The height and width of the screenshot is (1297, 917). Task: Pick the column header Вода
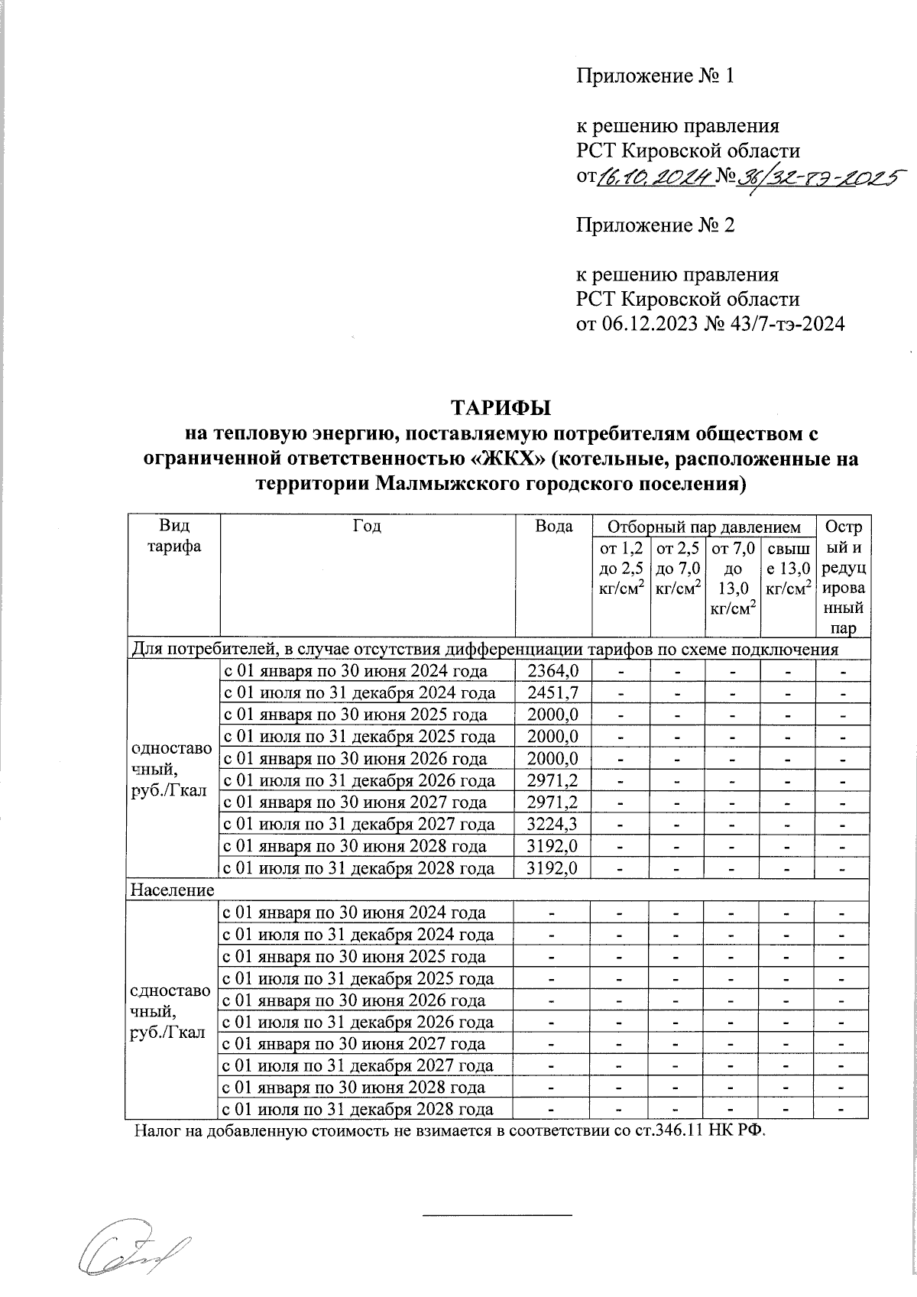pyautogui.click(x=555, y=527)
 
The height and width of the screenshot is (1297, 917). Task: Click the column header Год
pyautogui.click(x=367, y=527)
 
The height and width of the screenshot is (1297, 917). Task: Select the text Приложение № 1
pyautogui.click(x=654, y=76)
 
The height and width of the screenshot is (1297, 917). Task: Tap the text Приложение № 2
pyautogui.click(x=654, y=225)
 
